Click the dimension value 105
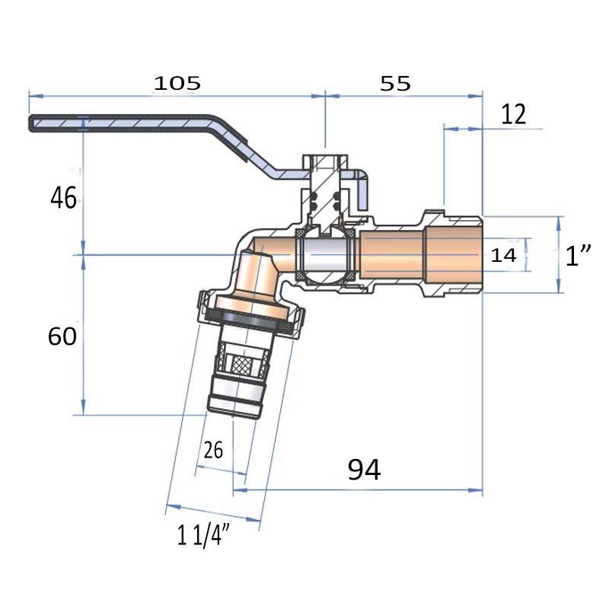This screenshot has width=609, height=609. coord(177,83)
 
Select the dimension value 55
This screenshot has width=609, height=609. coord(395,84)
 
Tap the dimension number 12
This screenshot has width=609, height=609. coord(514,115)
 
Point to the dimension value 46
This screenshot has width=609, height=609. coord(63,199)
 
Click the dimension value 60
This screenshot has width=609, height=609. coord(62,336)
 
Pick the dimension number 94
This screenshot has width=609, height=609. coord(364,470)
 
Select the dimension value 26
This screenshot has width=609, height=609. coord(214,450)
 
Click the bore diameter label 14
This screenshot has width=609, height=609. coord(503,256)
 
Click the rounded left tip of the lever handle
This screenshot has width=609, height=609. coord(33,123)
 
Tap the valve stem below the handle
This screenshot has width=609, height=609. coord(325,194)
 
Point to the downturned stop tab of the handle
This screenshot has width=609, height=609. coord(364,190)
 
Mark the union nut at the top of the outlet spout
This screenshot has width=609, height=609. coord(251,308)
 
